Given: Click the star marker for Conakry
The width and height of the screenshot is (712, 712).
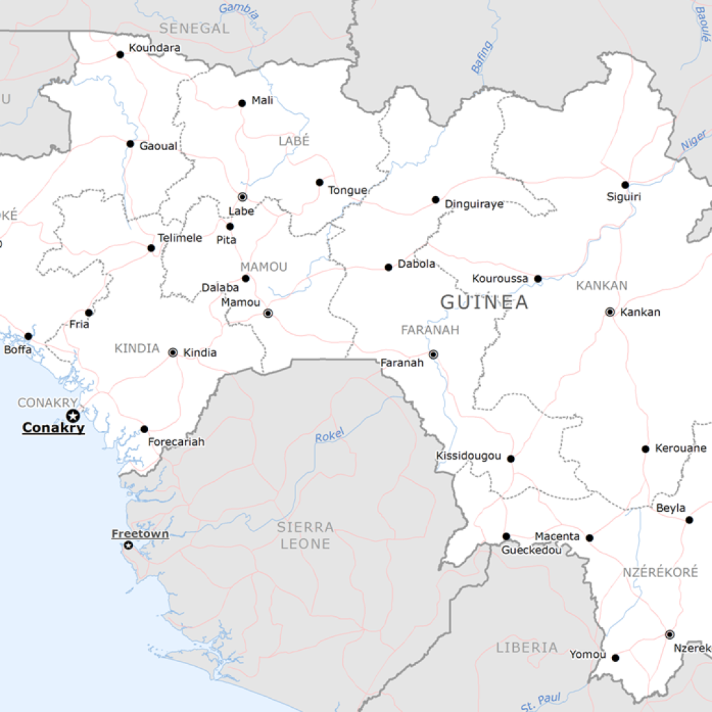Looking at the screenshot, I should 72,416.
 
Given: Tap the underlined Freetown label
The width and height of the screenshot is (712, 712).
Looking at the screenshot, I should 140,534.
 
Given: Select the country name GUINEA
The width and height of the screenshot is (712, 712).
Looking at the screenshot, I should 484,302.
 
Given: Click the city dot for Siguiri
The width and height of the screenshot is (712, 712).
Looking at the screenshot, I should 625,185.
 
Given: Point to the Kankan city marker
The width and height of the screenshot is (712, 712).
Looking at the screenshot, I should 610,311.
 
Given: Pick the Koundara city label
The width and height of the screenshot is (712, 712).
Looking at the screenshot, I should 154,48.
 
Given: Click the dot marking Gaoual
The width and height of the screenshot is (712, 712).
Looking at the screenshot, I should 130,144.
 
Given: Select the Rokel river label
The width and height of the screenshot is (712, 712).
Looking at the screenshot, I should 330,437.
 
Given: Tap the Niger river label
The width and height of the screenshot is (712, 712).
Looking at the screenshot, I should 693,140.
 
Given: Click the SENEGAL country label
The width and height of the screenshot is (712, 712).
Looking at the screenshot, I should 194,29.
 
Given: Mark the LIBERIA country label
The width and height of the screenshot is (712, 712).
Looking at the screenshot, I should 526,647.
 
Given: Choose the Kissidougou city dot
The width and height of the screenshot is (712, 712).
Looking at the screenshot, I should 510,459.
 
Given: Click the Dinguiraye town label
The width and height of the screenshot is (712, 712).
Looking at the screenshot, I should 474,204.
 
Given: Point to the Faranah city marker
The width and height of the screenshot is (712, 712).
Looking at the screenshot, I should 433,355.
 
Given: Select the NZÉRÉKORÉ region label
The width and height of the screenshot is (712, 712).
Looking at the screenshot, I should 660,572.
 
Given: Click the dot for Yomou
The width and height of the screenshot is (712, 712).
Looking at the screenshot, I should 615,658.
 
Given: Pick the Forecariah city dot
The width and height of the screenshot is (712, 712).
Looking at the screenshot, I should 144,429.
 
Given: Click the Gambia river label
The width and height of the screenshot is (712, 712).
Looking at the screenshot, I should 238,10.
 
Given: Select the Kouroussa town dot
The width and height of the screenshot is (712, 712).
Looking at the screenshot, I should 537,279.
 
